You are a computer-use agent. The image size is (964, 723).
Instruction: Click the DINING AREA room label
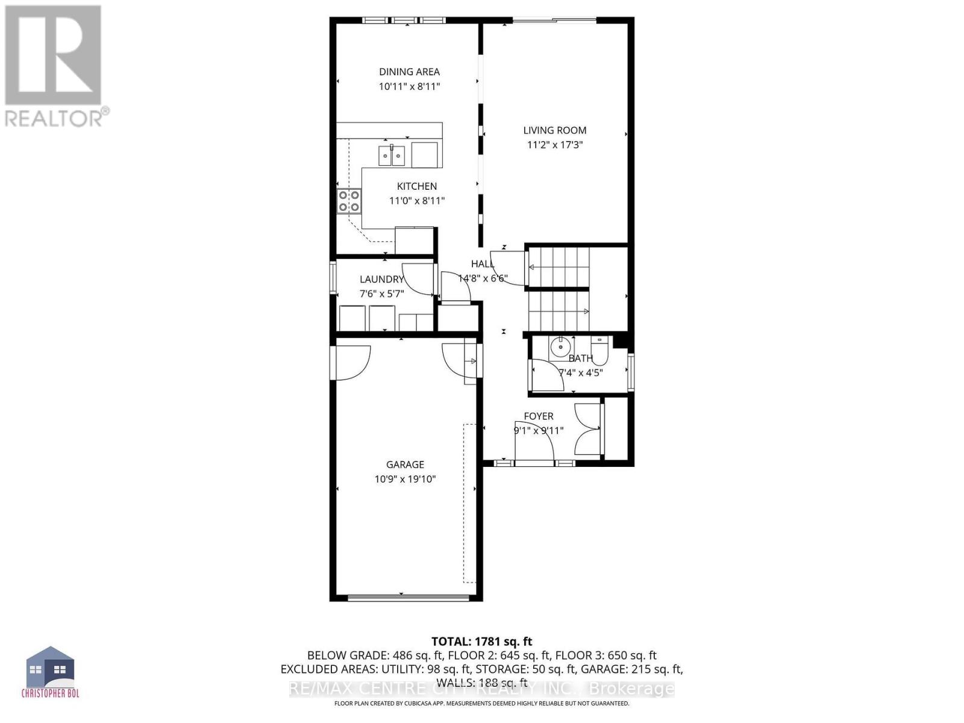coord(409,72)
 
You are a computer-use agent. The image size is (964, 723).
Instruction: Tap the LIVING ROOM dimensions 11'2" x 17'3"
coord(555,145)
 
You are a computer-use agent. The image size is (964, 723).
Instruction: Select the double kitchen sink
coord(392,155)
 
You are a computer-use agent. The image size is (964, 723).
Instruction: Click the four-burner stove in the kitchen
coord(349,201)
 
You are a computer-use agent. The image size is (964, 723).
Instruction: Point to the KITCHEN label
coord(417,186)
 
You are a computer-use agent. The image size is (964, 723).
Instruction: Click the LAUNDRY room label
coord(381,279)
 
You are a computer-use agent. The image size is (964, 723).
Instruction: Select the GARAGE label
coord(405,465)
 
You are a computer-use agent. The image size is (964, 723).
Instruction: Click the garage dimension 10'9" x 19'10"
coord(405,480)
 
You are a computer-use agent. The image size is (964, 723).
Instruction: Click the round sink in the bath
coord(561,347)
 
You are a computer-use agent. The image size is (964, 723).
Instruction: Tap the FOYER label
coord(539,416)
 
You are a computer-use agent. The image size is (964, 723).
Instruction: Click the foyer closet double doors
coord(588,428)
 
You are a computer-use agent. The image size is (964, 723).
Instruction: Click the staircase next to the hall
coord(558,289)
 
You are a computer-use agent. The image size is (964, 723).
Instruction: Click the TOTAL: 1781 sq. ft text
coord(481,642)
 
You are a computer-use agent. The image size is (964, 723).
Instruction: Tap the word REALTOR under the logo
coord(54,117)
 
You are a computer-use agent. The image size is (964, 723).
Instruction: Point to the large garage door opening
coord(408,598)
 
